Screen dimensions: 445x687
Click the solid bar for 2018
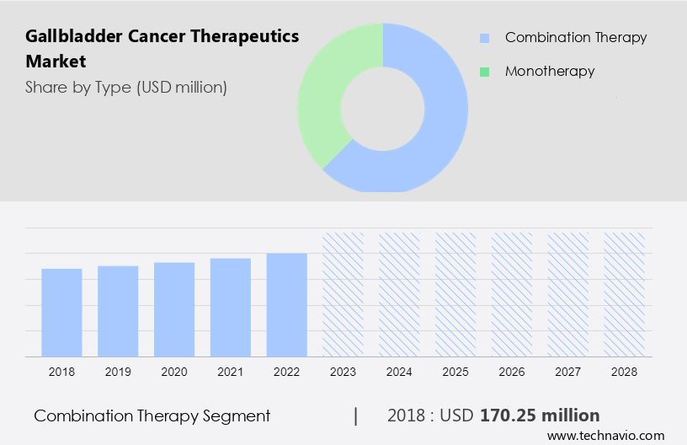61,312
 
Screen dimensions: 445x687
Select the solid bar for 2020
174,308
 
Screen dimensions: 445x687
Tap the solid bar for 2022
287,304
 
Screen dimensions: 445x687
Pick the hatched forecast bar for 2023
343,294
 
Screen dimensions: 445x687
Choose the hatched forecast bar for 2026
512,294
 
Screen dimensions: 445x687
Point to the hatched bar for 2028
625,294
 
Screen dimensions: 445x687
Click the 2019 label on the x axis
118,372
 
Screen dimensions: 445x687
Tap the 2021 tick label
231,372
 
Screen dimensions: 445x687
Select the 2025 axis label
455,372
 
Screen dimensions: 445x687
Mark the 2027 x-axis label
568,372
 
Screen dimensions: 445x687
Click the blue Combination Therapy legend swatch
484,38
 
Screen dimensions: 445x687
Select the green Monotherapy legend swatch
484,72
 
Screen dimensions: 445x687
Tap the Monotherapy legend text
550,72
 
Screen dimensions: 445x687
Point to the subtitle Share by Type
126,87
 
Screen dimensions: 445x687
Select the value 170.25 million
540,416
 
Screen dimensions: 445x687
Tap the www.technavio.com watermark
605,436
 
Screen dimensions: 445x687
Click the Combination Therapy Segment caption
152,416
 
